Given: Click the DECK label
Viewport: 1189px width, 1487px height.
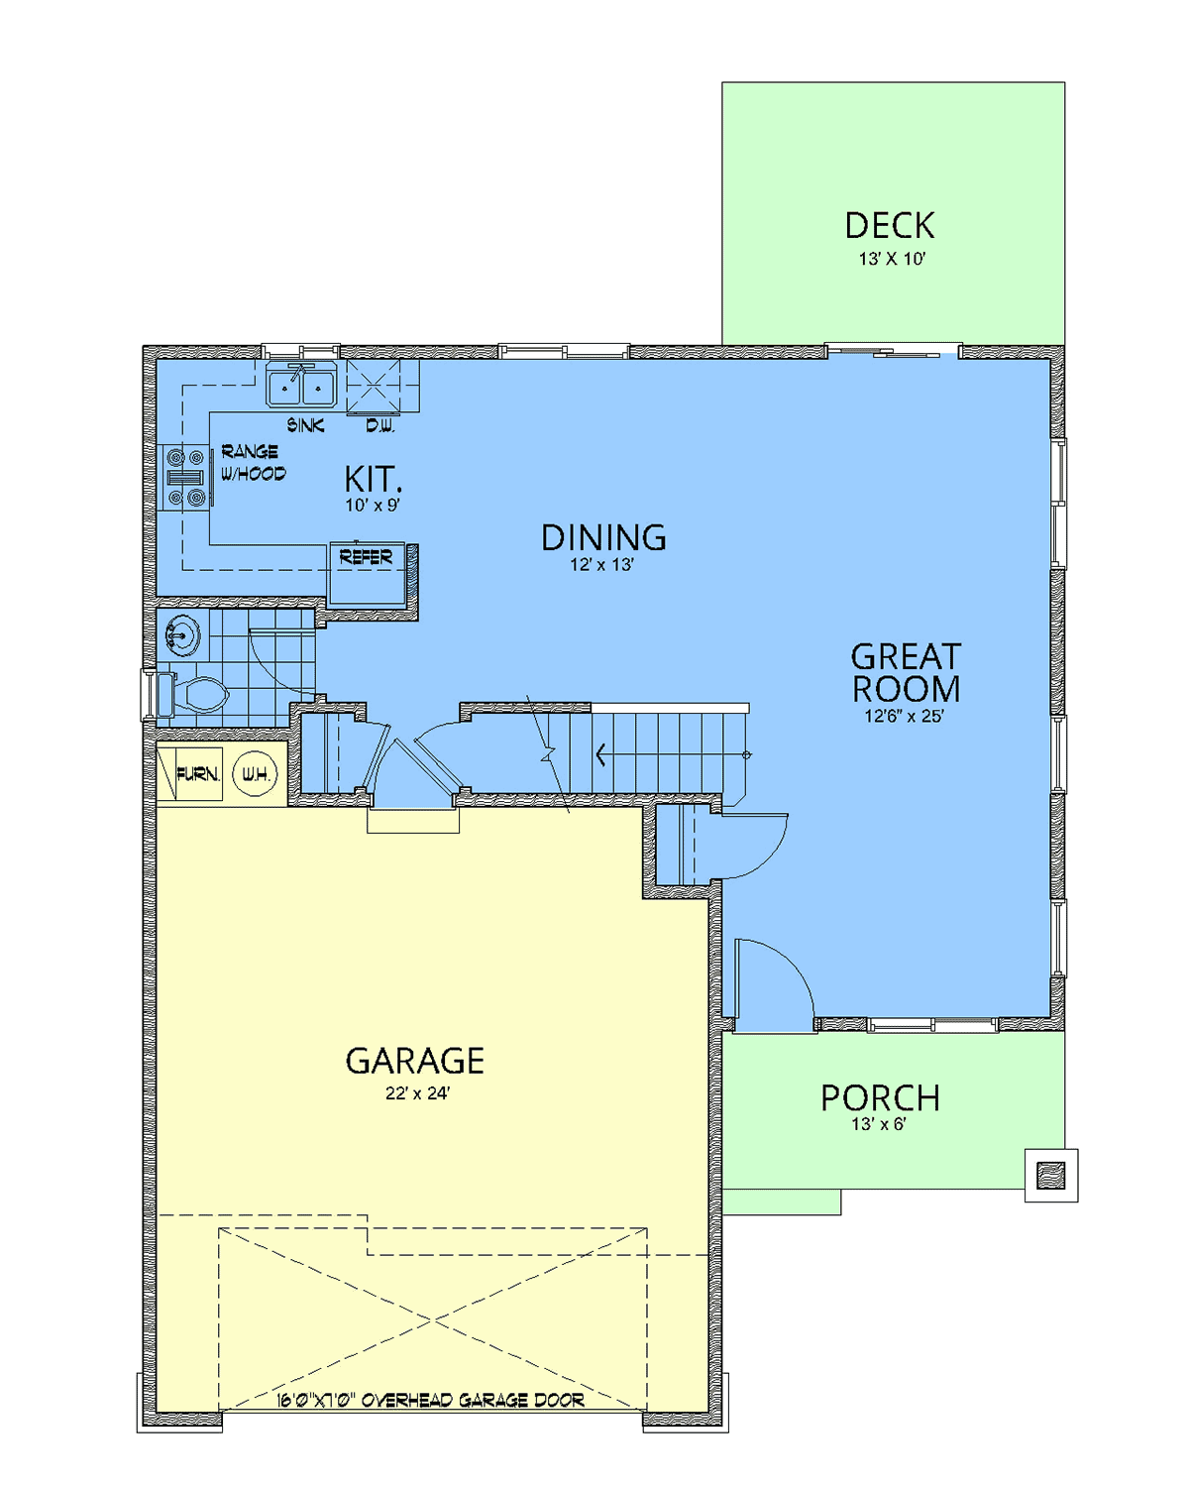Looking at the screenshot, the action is tap(889, 225).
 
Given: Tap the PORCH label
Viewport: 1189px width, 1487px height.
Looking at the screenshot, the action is tap(880, 1098).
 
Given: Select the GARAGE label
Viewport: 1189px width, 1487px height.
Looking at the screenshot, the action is tap(414, 1061).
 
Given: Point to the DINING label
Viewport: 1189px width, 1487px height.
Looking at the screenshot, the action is tap(603, 537).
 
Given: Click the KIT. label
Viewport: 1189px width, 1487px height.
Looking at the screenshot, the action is tap(373, 478).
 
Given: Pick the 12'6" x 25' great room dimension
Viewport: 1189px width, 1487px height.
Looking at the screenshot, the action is tap(904, 716).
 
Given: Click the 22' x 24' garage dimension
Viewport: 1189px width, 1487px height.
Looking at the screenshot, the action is tap(417, 1093).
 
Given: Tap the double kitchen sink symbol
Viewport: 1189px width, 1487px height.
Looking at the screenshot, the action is tap(301, 386).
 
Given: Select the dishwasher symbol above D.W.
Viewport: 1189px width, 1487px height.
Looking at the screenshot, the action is tap(374, 387).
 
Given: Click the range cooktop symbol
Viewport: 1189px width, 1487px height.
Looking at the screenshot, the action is tap(185, 477).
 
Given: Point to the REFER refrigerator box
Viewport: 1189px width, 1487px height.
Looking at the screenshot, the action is tap(367, 574).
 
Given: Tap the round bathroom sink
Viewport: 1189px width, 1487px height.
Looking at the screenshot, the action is tap(181, 634).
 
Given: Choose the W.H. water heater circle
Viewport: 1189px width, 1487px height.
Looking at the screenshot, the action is tap(255, 773).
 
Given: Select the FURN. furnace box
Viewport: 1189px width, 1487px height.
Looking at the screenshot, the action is tap(190, 774).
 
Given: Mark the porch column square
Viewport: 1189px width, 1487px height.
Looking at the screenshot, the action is tap(1050, 1175).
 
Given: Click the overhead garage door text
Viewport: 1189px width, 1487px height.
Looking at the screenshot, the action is tap(430, 1400).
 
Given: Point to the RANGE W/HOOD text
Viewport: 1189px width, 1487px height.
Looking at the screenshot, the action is tap(253, 462).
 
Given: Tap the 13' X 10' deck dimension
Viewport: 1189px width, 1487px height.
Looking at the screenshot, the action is tap(891, 259).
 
